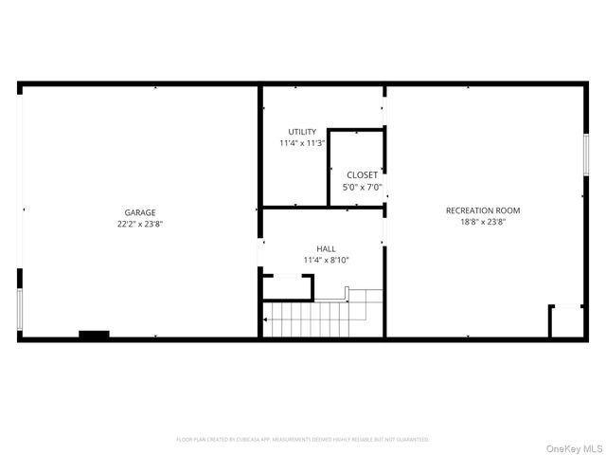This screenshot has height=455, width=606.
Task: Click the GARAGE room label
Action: (140, 212)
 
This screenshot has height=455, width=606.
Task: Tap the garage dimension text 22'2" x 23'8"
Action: (140, 225)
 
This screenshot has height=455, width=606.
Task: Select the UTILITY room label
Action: (303, 132)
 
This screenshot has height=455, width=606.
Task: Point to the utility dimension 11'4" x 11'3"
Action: (303, 143)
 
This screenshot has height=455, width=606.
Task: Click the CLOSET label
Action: (362, 175)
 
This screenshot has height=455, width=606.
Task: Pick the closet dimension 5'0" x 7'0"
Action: (362, 188)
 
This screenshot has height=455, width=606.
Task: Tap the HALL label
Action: (326, 248)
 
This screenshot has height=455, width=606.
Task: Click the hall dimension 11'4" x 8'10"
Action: (326, 260)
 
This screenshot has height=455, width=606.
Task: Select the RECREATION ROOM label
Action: (483, 210)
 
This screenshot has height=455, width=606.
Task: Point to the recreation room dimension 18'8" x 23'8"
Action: (483, 223)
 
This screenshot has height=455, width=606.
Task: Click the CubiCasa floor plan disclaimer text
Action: (303, 440)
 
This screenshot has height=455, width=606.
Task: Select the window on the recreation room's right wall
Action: (586, 155)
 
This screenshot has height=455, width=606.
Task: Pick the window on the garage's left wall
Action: (20, 308)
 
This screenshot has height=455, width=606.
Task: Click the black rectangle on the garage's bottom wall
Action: (94, 335)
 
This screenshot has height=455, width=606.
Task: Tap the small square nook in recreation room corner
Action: (566, 320)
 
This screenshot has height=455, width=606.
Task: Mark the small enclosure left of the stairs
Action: (287, 288)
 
